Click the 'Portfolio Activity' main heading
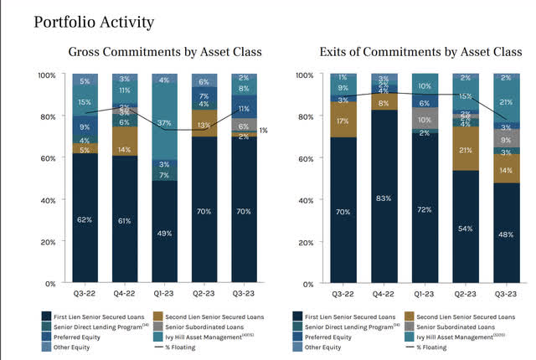94,22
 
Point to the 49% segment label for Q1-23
164,233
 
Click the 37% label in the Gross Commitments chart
164,123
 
